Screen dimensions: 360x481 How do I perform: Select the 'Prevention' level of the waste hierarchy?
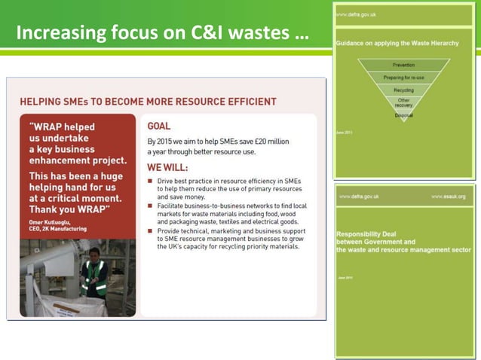(x=404, y=65)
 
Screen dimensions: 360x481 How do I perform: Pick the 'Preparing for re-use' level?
(x=404, y=78)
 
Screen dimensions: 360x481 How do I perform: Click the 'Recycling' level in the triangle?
(x=404, y=90)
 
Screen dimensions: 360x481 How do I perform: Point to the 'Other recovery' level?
(x=404, y=102)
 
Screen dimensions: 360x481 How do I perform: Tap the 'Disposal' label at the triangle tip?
(x=404, y=115)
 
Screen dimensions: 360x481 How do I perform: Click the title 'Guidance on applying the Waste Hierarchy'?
(x=397, y=44)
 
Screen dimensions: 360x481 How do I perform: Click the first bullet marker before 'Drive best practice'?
(x=150, y=182)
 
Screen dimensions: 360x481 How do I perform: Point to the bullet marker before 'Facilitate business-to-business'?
(x=150, y=204)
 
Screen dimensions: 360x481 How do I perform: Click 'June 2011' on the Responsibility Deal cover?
(x=345, y=277)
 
